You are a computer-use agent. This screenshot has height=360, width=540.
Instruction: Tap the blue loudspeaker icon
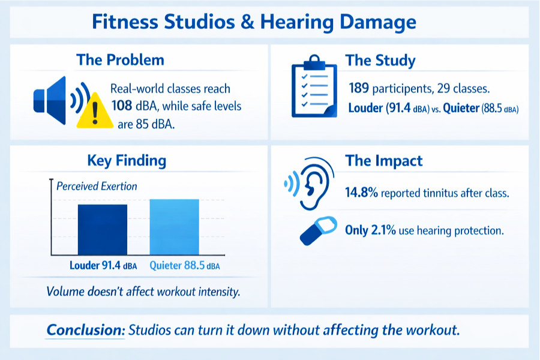55,100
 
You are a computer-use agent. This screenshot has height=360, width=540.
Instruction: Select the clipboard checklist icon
314,86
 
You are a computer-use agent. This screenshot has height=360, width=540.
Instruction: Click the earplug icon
318,230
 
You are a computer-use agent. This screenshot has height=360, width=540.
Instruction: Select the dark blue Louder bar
102,230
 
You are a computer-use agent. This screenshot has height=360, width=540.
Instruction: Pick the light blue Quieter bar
174,227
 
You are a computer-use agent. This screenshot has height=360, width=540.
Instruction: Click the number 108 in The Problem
122,106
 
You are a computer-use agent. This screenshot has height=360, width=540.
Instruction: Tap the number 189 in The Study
359,88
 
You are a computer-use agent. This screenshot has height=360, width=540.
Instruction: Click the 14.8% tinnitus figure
362,193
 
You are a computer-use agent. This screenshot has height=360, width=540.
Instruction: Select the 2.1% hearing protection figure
383,230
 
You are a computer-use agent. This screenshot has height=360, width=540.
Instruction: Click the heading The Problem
120,59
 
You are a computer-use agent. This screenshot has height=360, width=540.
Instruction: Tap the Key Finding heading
127,161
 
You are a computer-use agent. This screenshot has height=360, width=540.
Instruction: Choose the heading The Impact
383,161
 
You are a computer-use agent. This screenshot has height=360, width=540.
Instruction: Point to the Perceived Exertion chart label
97,187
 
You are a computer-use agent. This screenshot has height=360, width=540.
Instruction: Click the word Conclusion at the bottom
86,329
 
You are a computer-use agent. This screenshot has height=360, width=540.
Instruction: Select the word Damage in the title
378,22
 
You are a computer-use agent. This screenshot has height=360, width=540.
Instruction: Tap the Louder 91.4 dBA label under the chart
103,266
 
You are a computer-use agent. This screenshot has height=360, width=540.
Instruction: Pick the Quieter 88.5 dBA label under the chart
185,266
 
